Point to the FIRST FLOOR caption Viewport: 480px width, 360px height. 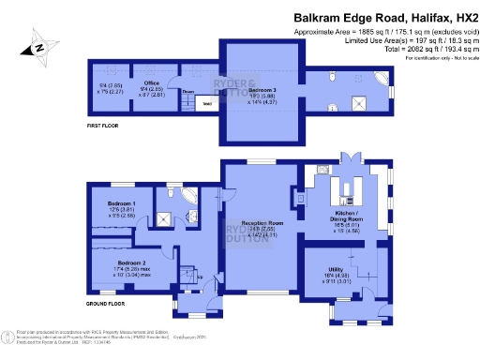coord(105,123)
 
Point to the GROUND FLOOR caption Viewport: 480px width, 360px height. coord(105,304)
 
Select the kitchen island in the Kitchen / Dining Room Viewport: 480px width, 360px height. coord(349,191)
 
